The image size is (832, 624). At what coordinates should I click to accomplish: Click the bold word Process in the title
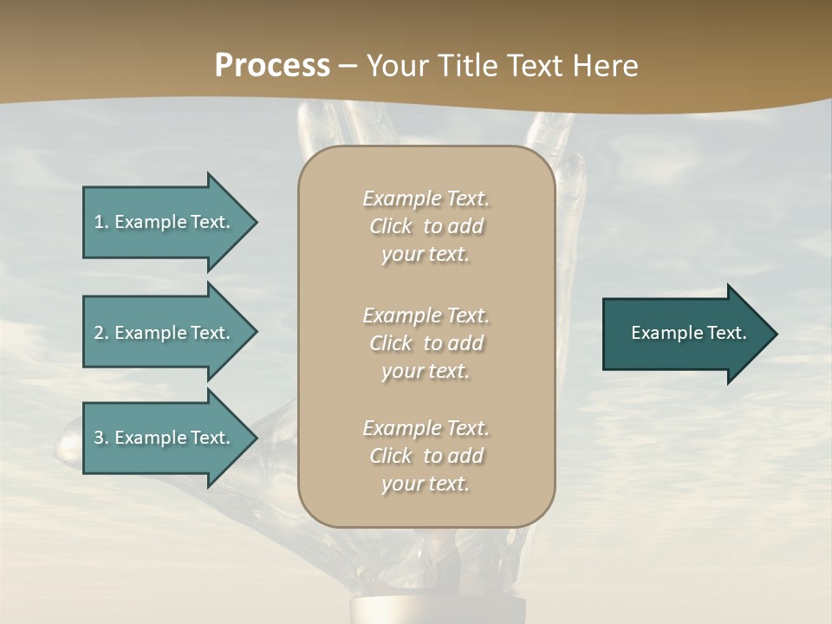[x=272, y=66]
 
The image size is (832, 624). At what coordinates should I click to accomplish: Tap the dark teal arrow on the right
[x=685, y=333]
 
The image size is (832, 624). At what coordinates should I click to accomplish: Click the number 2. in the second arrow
[x=101, y=333]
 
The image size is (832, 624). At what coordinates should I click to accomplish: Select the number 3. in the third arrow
[x=101, y=438]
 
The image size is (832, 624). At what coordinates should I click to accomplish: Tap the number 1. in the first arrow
[x=101, y=222]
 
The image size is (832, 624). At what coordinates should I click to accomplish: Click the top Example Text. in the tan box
[x=426, y=198]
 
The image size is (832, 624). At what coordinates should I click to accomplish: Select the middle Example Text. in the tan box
[x=426, y=315]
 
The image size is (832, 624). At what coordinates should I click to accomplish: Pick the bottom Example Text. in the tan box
[x=426, y=428]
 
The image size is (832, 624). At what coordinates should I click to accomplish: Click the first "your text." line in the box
[x=426, y=255]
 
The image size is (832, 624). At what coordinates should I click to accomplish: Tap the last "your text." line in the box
[x=426, y=484]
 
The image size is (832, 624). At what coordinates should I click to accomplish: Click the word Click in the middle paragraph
[x=390, y=343]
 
